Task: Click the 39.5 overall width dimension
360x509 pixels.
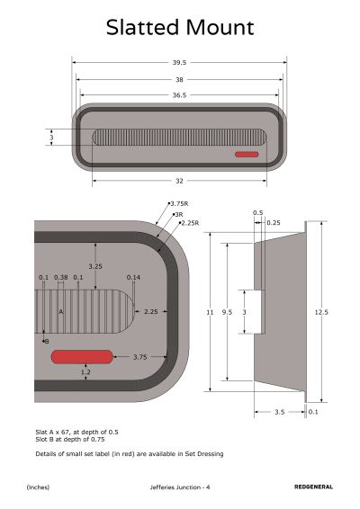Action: pos(179,62)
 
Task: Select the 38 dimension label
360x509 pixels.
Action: pos(179,79)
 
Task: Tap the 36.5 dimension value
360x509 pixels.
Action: pos(179,95)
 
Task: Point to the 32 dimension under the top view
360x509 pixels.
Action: pos(179,181)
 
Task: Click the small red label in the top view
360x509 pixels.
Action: pos(247,154)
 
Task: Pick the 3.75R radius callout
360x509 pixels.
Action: pos(179,204)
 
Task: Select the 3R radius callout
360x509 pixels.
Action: pos(179,215)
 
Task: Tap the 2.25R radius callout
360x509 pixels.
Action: pos(190,223)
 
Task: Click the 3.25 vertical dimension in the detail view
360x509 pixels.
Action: pos(95,266)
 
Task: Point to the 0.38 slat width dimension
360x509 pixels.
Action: pos(61,277)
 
